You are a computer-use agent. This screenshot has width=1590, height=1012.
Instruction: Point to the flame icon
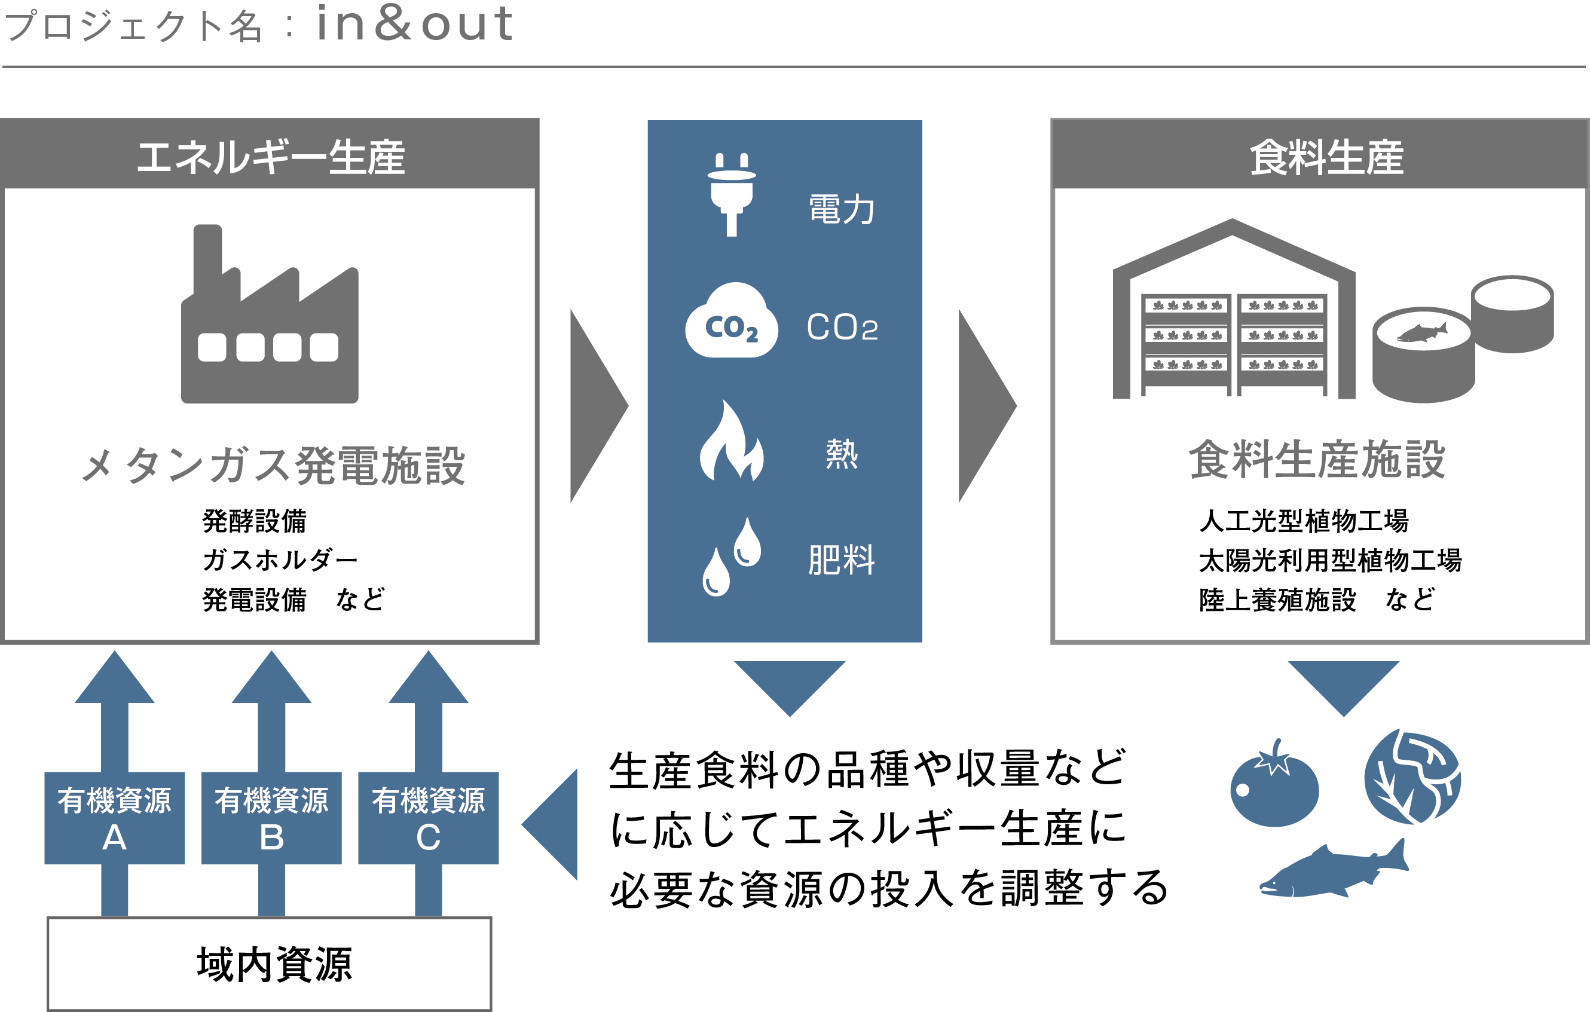731,442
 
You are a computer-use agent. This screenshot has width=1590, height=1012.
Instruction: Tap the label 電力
841,209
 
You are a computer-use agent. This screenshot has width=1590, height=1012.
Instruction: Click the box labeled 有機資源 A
114,818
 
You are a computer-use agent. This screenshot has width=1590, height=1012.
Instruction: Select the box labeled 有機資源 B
271,818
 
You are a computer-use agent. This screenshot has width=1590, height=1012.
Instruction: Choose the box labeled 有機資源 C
428,818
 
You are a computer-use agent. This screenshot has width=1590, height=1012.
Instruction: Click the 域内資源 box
270,964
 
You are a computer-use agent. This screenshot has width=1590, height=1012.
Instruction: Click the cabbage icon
1412,778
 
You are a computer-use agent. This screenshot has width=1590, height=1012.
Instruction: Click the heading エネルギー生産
270,157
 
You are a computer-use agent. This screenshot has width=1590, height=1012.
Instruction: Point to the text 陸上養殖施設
1278,600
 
